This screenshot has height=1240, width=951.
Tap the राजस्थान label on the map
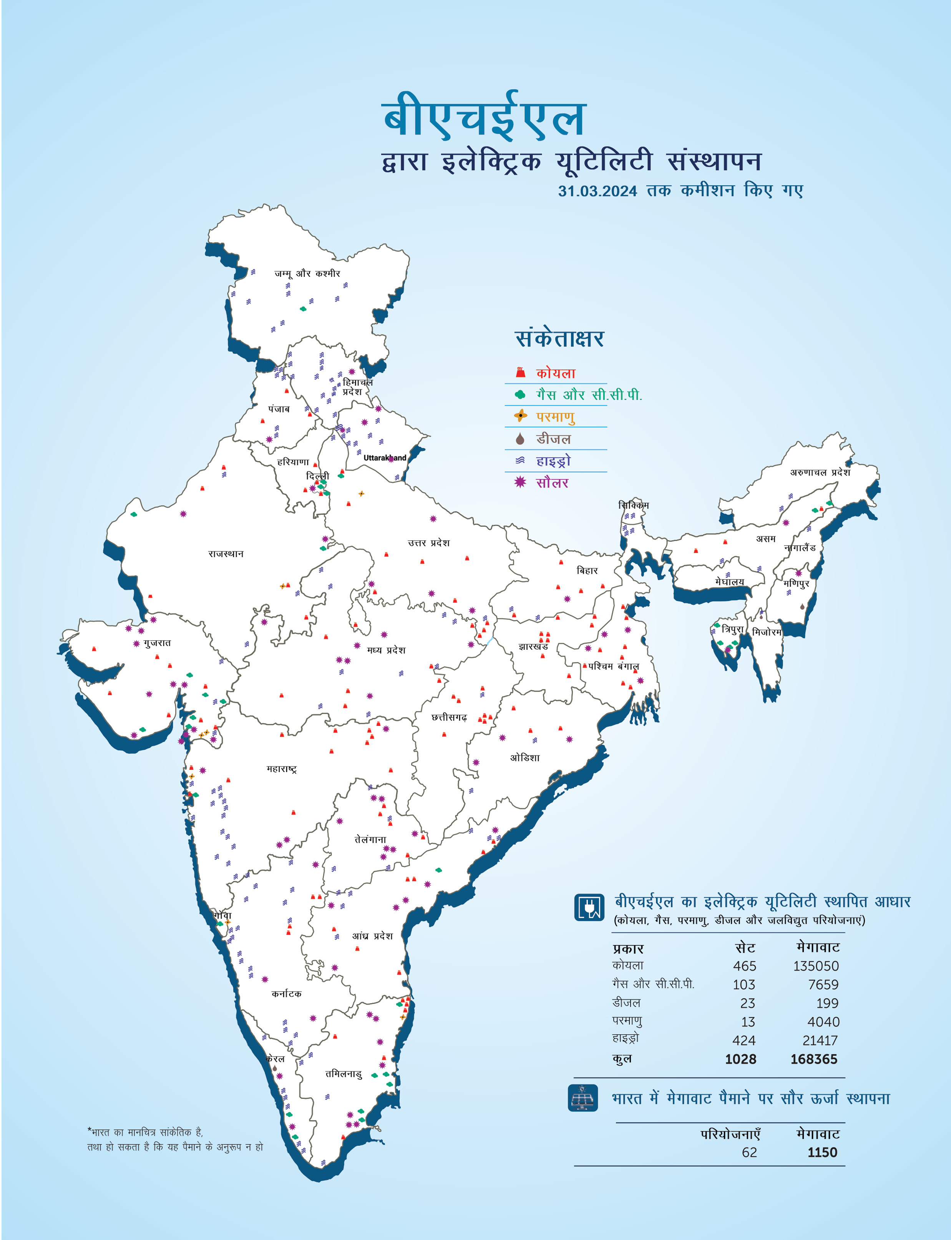(x=226, y=554)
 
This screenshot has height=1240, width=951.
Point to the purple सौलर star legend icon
(x=519, y=482)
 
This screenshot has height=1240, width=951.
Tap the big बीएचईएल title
(x=485, y=118)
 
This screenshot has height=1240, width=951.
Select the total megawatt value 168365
(x=813, y=1059)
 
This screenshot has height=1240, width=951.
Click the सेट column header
(x=745, y=948)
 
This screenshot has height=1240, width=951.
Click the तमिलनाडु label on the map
(x=343, y=1074)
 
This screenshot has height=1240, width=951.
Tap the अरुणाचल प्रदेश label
(x=820, y=473)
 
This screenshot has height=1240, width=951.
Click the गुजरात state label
(x=157, y=643)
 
